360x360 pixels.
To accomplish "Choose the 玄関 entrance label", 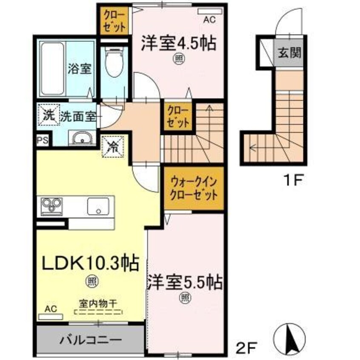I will click(290, 53).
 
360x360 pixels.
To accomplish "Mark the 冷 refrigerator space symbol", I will click(113, 146).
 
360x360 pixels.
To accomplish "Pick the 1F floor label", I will click(293, 180).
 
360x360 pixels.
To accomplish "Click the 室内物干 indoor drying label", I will click(97, 304).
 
